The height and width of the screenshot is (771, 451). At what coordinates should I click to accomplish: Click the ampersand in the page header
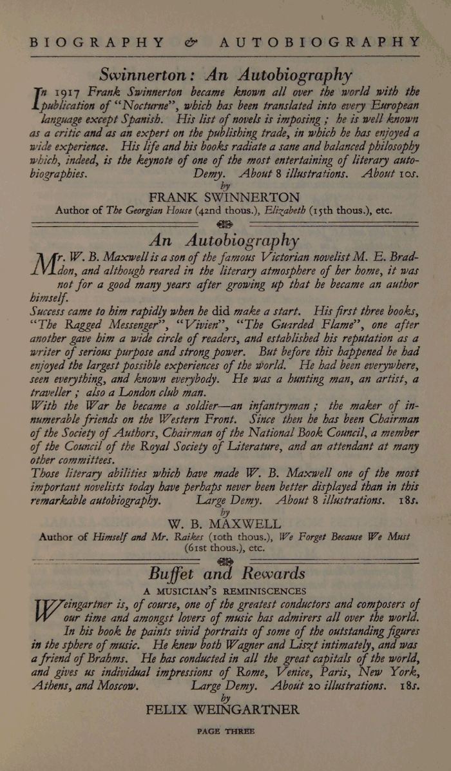191,42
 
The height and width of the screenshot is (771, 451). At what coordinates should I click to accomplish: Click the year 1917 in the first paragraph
68,91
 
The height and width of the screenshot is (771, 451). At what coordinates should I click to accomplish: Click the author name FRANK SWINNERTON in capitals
224,197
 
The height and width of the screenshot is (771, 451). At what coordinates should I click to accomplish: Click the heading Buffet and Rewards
226,573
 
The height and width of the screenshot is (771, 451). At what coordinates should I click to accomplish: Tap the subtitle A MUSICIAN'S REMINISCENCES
224,591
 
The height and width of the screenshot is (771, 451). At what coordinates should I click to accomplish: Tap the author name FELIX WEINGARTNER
223,710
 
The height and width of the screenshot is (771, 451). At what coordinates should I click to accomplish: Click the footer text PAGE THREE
225,732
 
